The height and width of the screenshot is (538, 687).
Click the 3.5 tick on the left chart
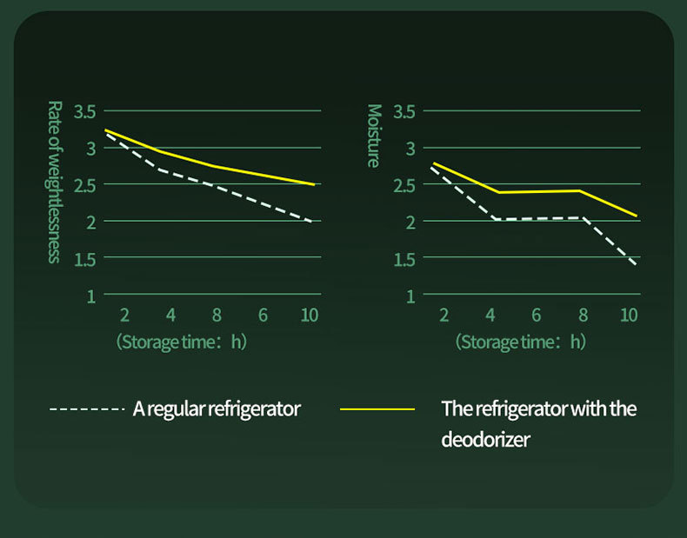[84, 111]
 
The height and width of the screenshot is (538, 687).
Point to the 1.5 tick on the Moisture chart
[404, 259]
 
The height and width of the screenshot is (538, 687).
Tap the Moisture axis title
[374, 136]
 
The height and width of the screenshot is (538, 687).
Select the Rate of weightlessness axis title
[54, 182]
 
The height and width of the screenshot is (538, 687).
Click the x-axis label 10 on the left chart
[309, 315]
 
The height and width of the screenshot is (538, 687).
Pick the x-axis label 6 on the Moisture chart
[536, 315]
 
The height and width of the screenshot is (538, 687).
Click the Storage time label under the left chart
[181, 342]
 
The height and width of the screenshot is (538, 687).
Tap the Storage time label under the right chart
[520, 342]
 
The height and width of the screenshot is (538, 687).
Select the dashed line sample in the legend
[88, 408]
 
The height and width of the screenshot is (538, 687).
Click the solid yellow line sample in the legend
[379, 408]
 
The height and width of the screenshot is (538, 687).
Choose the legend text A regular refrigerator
[217, 408]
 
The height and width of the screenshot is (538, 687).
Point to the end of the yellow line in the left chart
[314, 184]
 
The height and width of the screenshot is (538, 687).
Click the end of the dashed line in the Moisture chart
[637, 263]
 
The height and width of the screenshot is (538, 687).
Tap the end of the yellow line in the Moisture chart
[637, 216]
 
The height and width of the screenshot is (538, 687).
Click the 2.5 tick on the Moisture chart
[404, 185]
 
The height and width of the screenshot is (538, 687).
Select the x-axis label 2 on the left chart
[124, 315]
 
